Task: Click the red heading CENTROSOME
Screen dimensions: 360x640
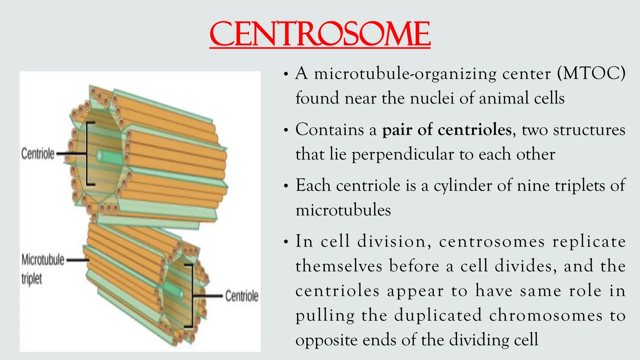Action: pyautogui.click(x=320, y=34)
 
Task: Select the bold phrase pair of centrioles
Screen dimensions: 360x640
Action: pyautogui.click(x=447, y=129)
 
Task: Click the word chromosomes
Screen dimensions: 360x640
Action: pyautogui.click(x=546, y=315)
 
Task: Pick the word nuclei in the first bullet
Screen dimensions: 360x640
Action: pyautogui.click(x=432, y=98)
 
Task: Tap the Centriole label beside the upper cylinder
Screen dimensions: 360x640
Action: pyautogui.click(x=38, y=154)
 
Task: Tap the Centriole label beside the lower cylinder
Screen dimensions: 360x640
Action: pyautogui.click(x=242, y=296)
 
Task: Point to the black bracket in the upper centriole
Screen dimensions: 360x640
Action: pyautogui.click(x=87, y=154)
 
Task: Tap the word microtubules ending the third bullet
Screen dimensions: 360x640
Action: pyautogui.click(x=343, y=210)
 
